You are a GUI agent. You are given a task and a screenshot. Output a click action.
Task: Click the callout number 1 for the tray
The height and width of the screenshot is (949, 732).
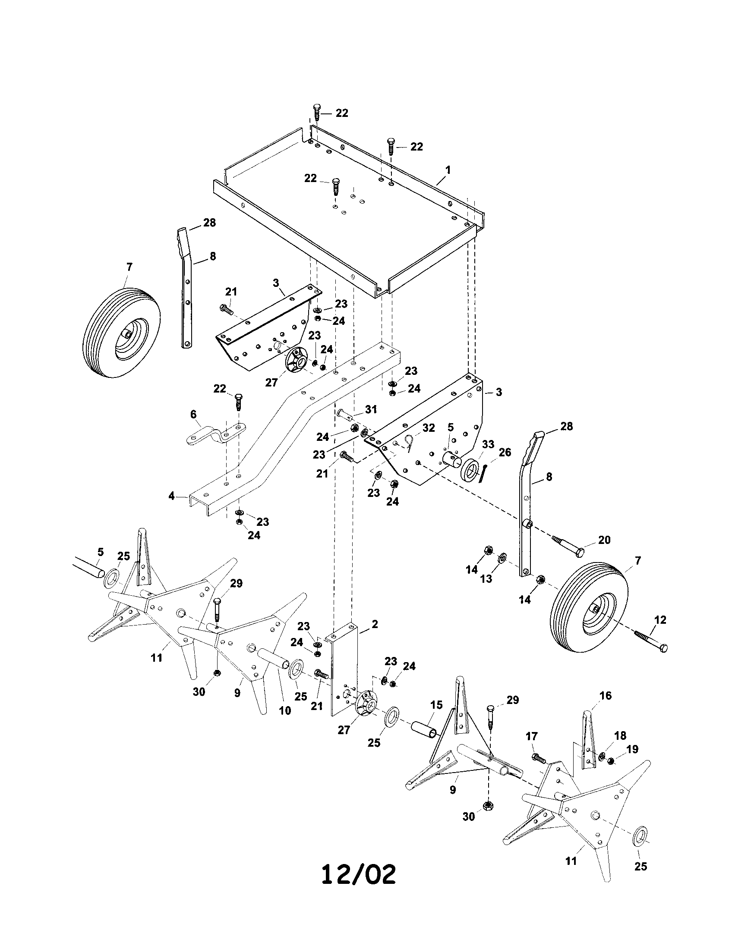[448, 170]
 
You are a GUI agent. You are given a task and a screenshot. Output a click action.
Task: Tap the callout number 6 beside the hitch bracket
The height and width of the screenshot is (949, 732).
[193, 414]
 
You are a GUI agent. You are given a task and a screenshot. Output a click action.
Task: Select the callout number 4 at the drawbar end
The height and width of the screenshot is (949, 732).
[172, 495]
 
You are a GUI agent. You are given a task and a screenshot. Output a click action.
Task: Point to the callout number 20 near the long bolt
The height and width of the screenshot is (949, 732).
[604, 540]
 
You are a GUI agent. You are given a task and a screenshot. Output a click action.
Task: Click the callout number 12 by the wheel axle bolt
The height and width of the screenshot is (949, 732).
[660, 619]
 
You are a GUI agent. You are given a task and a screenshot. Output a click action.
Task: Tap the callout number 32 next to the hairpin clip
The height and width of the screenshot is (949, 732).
[429, 427]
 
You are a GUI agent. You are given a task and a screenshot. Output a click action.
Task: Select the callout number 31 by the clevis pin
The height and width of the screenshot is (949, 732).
[371, 409]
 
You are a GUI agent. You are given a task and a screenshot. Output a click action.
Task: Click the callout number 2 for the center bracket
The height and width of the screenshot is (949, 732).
[375, 625]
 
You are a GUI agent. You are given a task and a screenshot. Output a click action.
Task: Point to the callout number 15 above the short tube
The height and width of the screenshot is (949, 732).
[436, 705]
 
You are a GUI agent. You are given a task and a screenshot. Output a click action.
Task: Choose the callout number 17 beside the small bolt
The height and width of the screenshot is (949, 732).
[532, 736]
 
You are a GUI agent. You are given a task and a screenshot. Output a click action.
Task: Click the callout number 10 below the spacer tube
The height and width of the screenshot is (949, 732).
[285, 711]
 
